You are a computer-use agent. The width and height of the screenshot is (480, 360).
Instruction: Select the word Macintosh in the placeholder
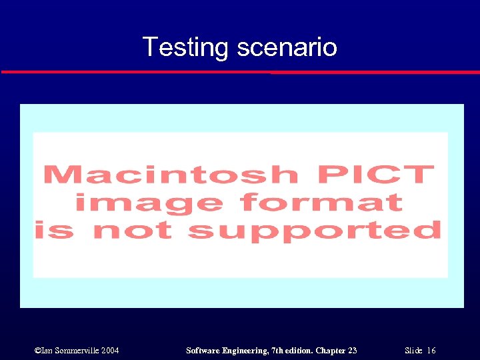170,175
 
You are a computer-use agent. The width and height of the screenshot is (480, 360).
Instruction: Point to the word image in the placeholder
149,202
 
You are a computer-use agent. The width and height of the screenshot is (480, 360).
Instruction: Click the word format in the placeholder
322,202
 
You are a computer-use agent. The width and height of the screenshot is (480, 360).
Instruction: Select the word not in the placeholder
132,230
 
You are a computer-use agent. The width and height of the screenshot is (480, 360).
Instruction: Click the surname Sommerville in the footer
74,351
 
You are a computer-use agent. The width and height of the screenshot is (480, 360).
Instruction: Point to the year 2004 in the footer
110,351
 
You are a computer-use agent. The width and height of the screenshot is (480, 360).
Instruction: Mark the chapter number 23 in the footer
353,351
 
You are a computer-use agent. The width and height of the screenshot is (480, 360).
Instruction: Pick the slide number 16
431,351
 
